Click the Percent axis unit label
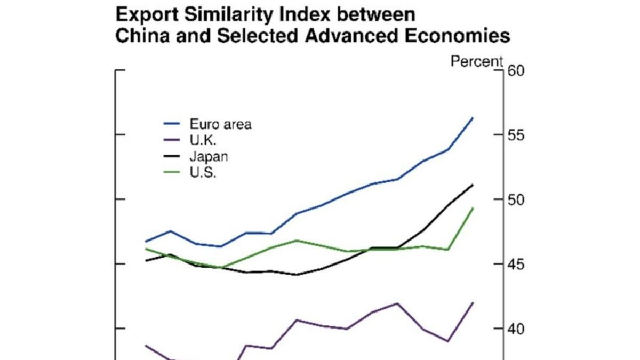click(x=477, y=62)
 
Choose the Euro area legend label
click(x=220, y=125)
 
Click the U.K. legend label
click(x=203, y=141)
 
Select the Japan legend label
click(x=209, y=157)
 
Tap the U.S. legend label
click(x=203, y=173)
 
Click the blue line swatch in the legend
click(x=173, y=125)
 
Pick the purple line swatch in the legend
click(x=173, y=141)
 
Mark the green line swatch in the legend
click(x=173, y=173)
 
